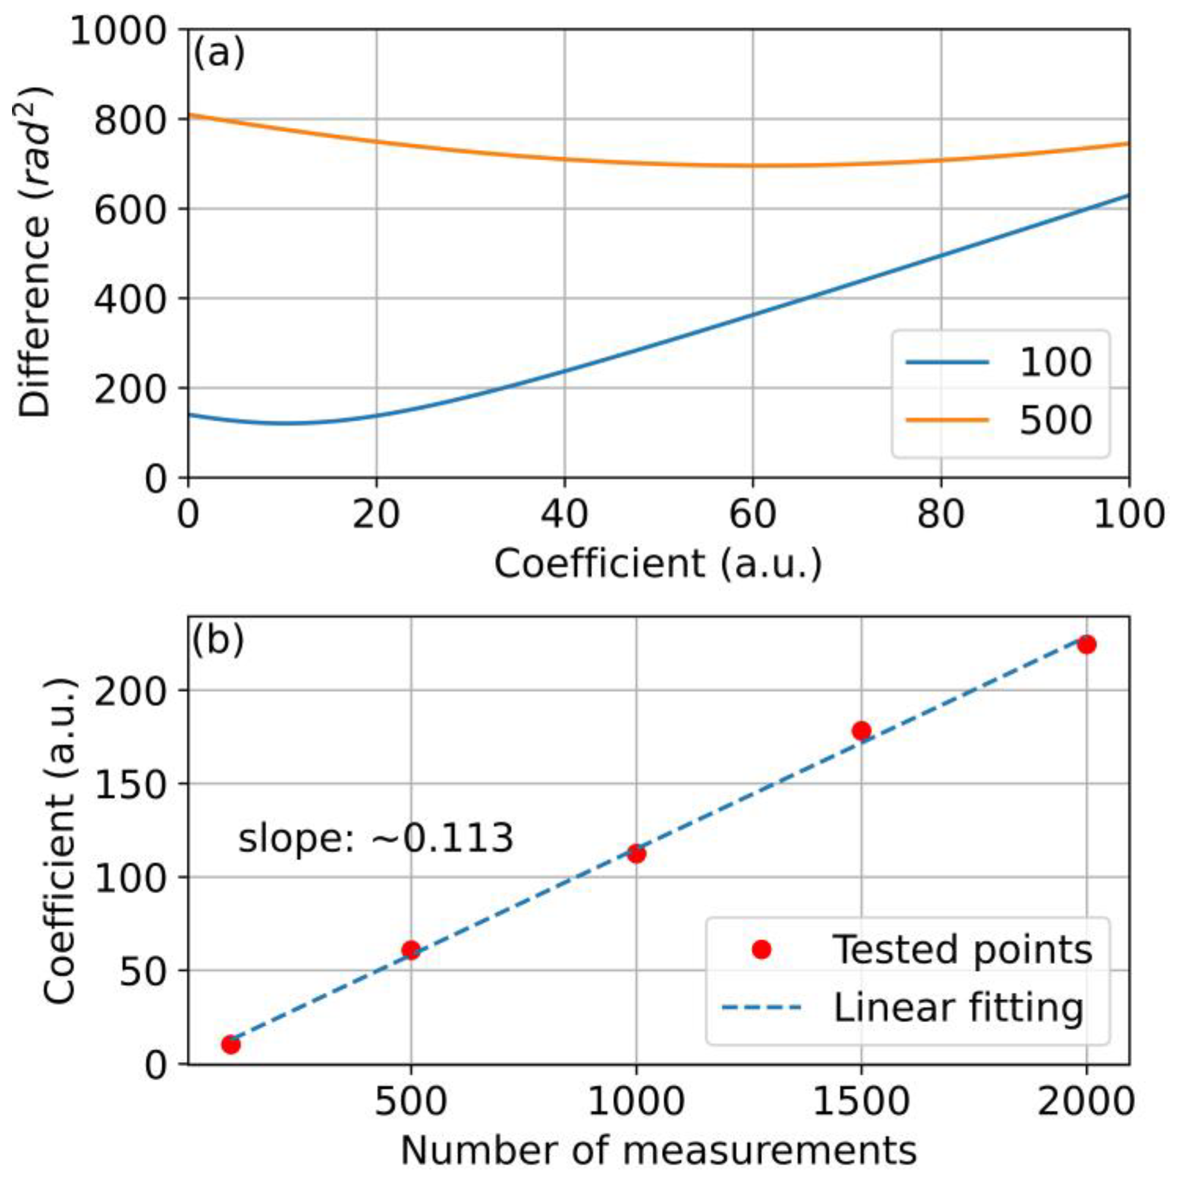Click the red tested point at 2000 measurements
[1086, 645]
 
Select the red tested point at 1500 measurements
[862, 730]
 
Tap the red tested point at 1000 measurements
[636, 853]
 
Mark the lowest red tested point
[231, 1045]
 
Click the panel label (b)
[218, 640]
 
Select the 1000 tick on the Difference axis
[118, 30]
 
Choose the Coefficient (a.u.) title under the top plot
[658, 563]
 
